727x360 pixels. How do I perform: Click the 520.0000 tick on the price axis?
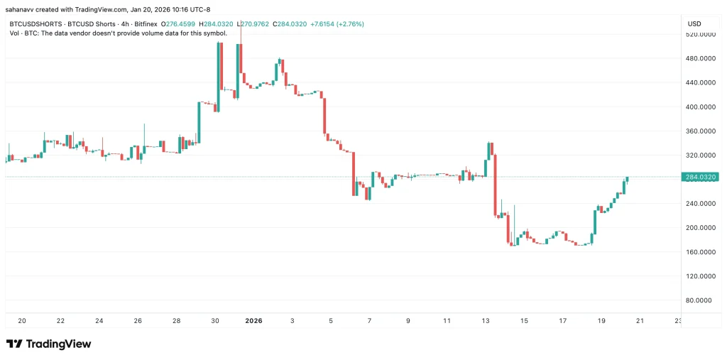pyautogui.click(x=699, y=34)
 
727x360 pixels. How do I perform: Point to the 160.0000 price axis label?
pyautogui.click(x=699, y=251)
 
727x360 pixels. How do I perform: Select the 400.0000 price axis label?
pyautogui.click(x=699, y=107)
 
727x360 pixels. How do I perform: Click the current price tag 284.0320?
pyautogui.click(x=699, y=177)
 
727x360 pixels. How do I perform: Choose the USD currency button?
pyautogui.click(x=694, y=23)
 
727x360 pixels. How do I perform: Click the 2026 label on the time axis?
pyautogui.click(x=254, y=321)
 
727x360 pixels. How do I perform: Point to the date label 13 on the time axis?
pyautogui.click(x=486, y=321)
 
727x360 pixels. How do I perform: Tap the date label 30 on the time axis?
pyautogui.click(x=215, y=321)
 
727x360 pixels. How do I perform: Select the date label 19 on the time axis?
pyautogui.click(x=601, y=321)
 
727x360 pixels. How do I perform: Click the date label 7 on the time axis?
pyautogui.click(x=370, y=321)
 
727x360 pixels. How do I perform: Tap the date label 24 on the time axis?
pyautogui.click(x=99, y=321)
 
